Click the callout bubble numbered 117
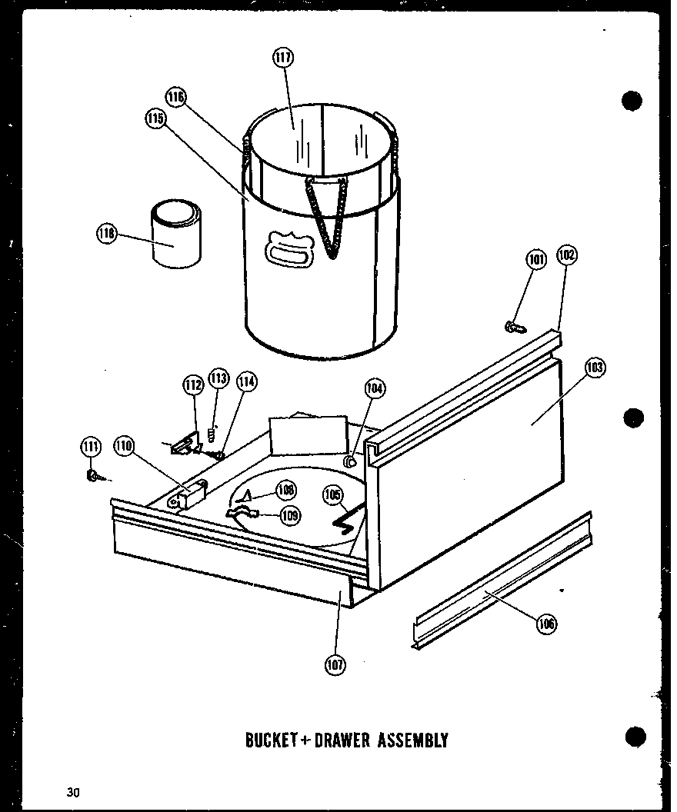[x=284, y=57]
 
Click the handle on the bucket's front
[x=289, y=249]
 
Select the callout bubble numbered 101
[x=536, y=260]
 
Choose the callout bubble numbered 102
[x=567, y=255]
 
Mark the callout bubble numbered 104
[x=375, y=388]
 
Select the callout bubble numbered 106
[x=547, y=623]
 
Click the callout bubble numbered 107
[x=335, y=664]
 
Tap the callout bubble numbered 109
[x=289, y=516]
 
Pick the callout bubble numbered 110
[x=124, y=444]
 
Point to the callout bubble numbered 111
[x=91, y=445]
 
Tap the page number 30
[x=73, y=791]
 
